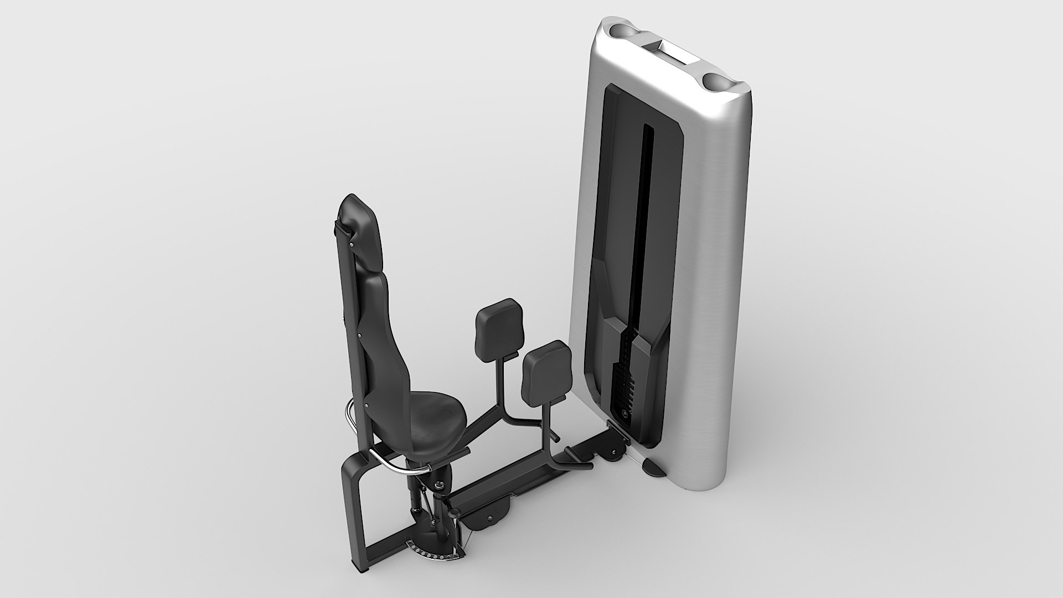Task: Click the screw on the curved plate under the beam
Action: click(x=490, y=517)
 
